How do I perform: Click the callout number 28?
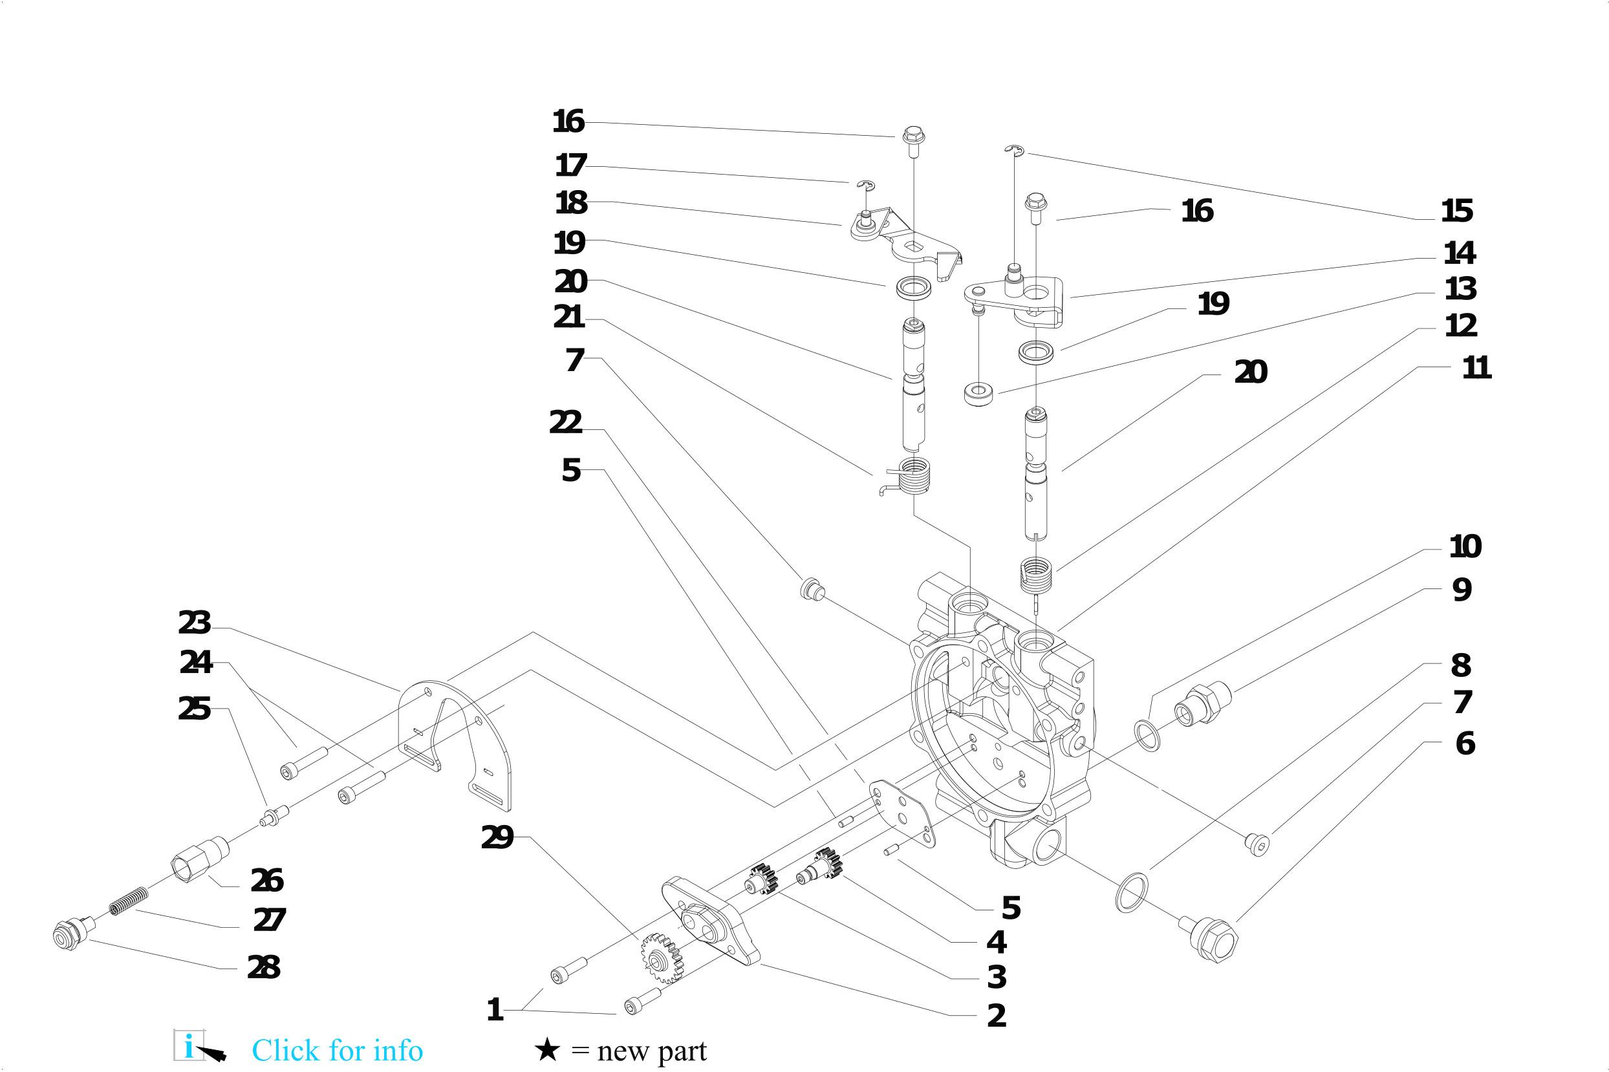(x=263, y=967)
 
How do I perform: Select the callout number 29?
(x=497, y=837)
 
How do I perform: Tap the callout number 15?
(x=1456, y=211)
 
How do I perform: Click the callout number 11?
(x=1476, y=369)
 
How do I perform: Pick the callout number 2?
(x=997, y=1016)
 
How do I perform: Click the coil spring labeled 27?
(x=129, y=901)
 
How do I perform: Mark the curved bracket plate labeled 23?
(x=455, y=742)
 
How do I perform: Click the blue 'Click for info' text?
(x=337, y=1050)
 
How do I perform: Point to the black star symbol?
(x=547, y=1049)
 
